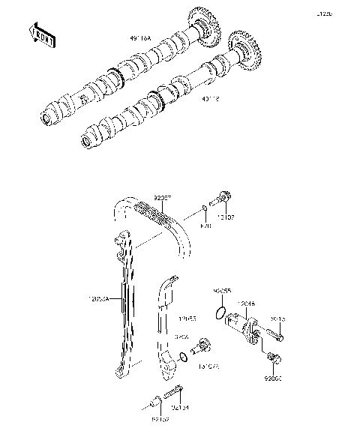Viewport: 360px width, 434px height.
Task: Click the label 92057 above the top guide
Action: click(163, 198)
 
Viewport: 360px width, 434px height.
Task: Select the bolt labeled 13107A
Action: click(202, 348)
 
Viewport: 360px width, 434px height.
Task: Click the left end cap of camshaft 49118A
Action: click(49, 116)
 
